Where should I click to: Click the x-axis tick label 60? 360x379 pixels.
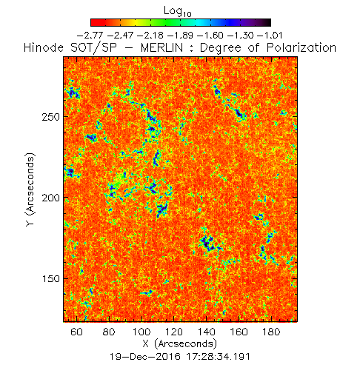coord(76,332)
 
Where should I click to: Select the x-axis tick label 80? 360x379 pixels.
coord(109,332)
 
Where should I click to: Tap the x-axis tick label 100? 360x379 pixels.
coord(141,332)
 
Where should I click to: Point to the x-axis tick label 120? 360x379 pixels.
coord(174,332)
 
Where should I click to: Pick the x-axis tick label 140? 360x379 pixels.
coord(207,332)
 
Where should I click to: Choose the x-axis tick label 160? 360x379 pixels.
coord(239,332)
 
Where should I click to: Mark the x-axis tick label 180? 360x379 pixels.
coord(271,332)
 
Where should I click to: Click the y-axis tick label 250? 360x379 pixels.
coord(51,117)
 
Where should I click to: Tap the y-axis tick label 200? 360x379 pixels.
coord(51,198)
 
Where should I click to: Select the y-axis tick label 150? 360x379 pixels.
coord(51,278)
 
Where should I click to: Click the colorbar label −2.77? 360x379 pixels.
coord(90,36)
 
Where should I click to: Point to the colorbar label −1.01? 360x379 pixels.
coord(270,36)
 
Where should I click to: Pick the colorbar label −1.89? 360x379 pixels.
coord(180,36)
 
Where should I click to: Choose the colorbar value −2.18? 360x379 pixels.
coord(150,36)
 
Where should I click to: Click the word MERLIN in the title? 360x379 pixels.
coord(162,47)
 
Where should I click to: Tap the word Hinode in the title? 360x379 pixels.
coord(44,47)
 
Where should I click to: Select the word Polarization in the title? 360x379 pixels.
coord(301,47)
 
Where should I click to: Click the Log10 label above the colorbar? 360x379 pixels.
coord(178,11)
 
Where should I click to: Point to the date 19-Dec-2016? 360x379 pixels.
coord(145,357)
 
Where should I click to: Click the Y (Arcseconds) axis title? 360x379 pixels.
coord(30,189)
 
